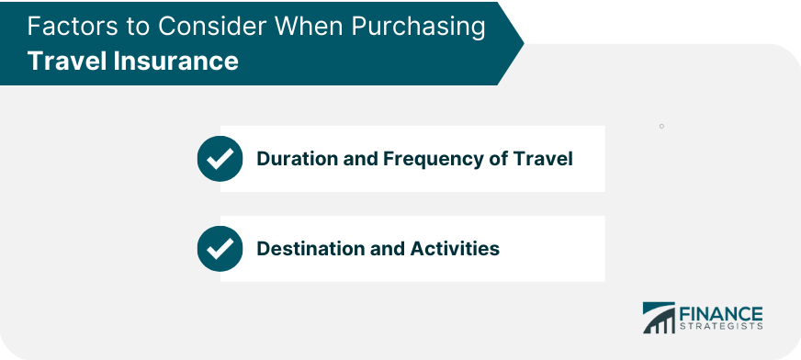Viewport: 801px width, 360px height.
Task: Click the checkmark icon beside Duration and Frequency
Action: tap(220, 159)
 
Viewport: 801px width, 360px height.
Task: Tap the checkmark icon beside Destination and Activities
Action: tap(220, 249)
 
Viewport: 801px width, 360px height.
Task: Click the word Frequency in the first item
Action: tap(421, 159)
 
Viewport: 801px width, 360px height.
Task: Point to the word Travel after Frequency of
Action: tap(546, 159)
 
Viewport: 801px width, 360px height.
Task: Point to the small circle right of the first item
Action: tap(661, 126)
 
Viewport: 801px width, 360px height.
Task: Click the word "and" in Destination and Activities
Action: tap(385, 249)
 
